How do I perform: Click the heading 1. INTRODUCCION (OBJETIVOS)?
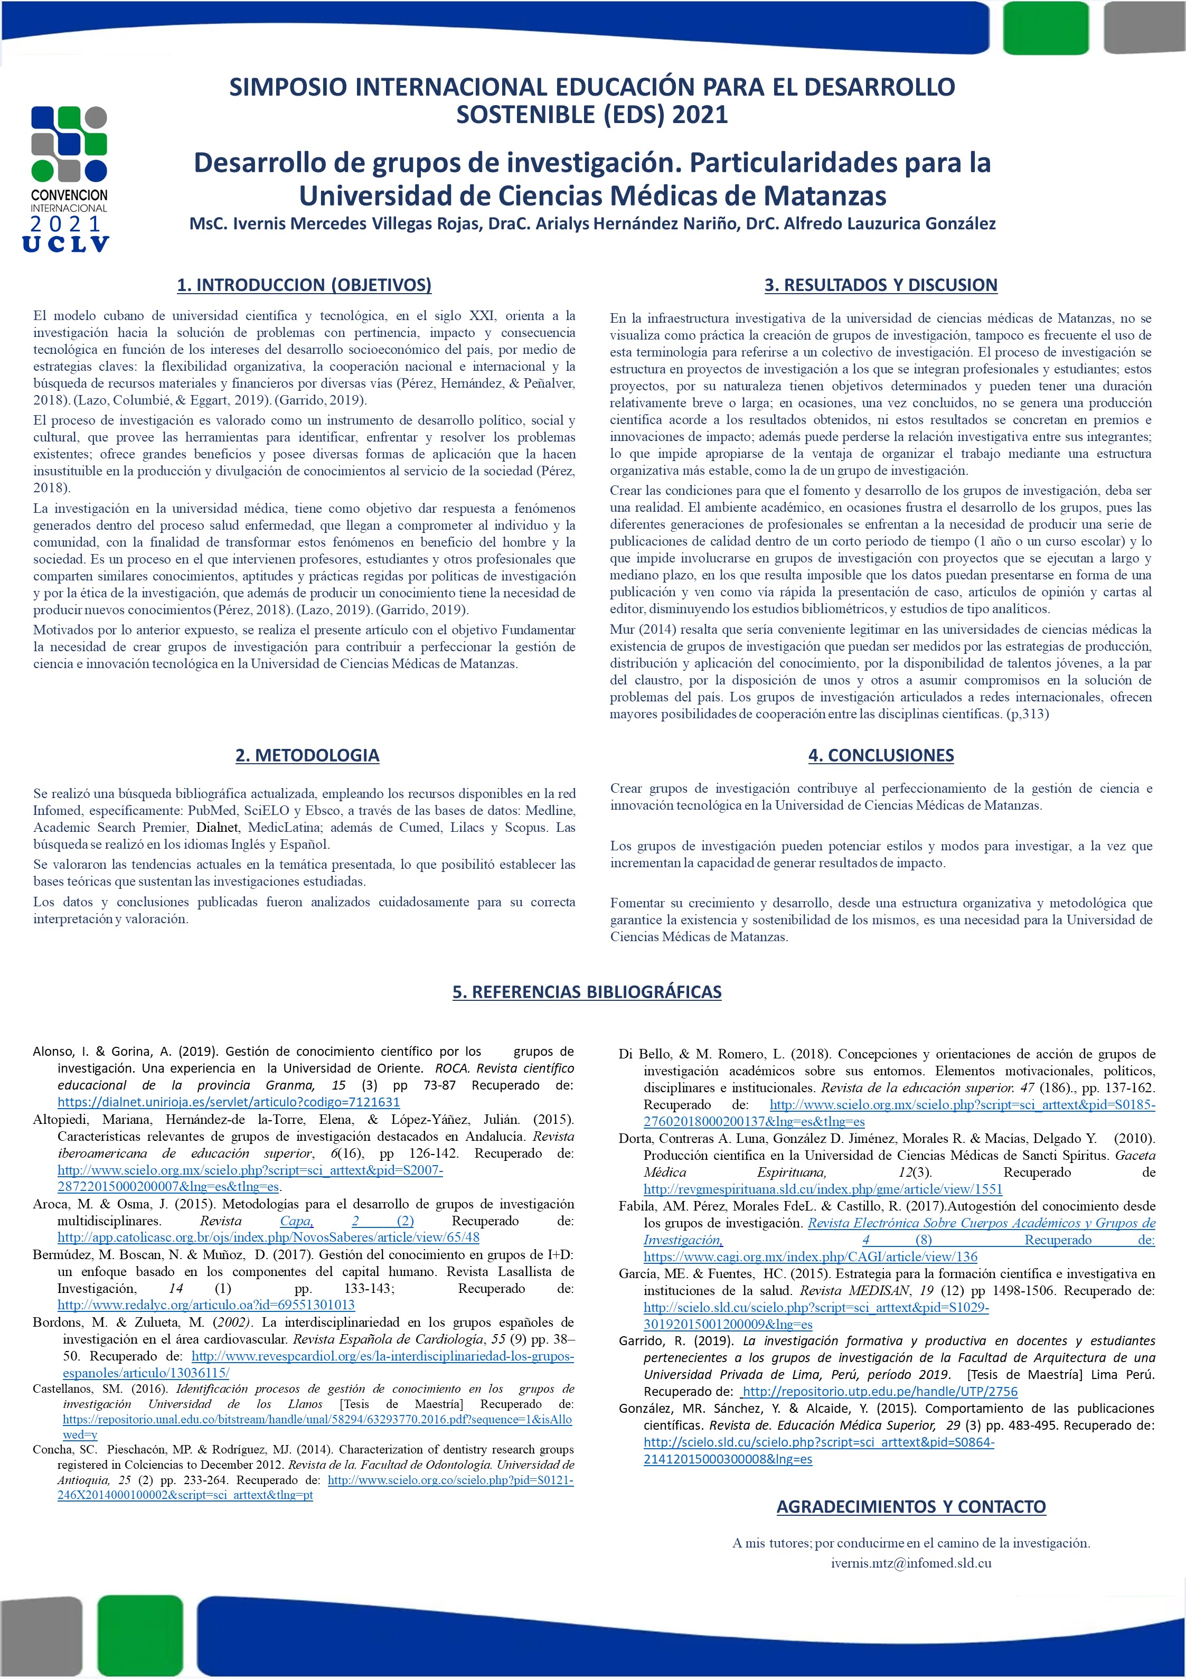[304, 285]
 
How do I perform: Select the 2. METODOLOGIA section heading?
[307, 755]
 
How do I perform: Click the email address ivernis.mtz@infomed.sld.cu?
[910, 1563]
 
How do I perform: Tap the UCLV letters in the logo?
[66, 244]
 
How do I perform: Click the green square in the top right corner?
[1046, 28]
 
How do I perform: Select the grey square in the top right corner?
[1144, 28]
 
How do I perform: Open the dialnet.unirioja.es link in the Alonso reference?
[228, 1102]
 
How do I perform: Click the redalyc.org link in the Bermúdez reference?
[205, 1305]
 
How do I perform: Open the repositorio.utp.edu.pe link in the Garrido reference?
[880, 1392]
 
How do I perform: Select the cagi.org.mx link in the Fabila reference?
[810, 1256]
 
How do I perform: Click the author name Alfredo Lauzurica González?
[890, 224]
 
